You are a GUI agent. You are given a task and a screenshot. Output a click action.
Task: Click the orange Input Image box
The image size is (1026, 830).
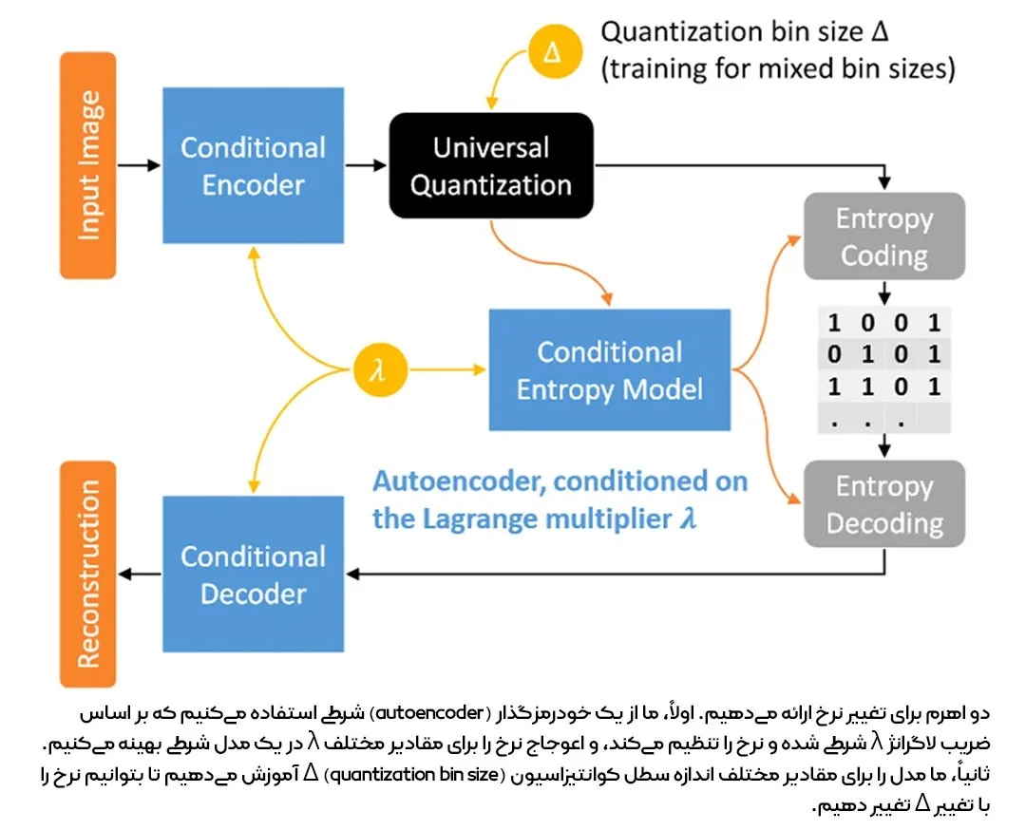87,165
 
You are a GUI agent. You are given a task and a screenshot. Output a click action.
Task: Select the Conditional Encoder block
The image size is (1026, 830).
252,165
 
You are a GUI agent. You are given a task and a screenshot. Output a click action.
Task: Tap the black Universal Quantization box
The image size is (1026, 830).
491,165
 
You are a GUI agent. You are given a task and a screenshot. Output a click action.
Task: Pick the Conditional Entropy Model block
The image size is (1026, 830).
609,369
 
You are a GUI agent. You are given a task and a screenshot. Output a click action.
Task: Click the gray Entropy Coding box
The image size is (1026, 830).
883,236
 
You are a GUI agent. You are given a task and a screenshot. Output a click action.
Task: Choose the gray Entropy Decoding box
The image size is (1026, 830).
883,503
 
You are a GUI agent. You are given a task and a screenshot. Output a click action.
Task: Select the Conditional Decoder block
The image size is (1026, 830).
254,574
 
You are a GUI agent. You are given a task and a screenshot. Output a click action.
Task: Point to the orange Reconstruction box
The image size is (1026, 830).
87,574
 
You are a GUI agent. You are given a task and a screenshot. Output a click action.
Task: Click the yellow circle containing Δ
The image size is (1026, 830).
552,51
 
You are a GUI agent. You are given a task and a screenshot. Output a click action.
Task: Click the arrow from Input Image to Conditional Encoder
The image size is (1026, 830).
140,165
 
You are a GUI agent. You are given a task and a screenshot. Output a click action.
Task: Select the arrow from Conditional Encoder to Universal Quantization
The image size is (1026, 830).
366,165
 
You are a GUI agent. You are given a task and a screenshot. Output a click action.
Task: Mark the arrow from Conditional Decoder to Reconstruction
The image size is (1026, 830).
140,574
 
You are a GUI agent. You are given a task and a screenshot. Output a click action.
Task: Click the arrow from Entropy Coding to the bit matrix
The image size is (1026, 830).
883,291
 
